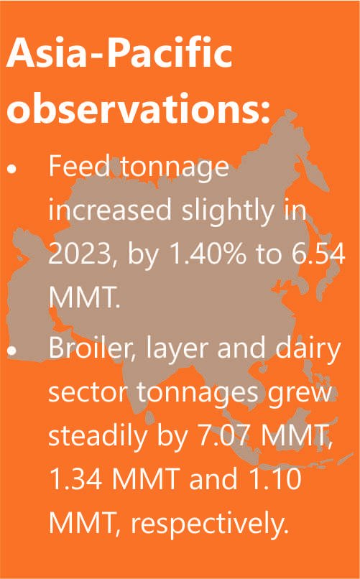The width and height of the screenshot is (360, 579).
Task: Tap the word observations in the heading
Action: pos(134,108)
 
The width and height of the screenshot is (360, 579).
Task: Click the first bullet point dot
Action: pos(12,169)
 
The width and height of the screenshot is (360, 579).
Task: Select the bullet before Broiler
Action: pos(12,350)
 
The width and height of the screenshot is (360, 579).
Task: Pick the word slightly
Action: pos(229,211)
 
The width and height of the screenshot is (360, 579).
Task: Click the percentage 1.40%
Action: pos(207,254)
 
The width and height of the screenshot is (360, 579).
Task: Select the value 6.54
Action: pos(318,254)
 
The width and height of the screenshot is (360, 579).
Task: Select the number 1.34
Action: pos(75,478)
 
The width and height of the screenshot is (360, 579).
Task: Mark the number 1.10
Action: pos(276,478)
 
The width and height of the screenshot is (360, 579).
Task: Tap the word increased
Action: pos(110,209)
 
